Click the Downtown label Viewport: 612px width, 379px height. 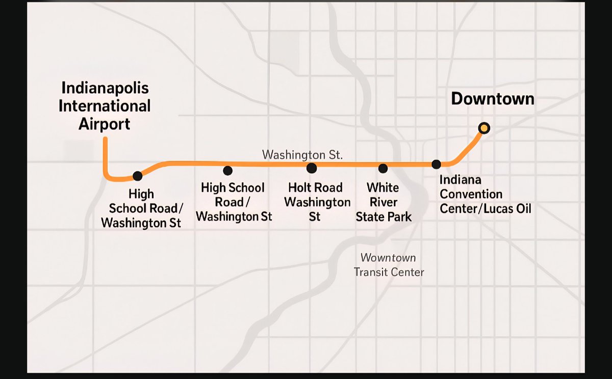point(493,99)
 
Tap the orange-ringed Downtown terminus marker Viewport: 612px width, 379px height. point(484,128)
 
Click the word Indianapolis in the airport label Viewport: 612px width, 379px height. point(105,88)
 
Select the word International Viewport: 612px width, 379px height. point(105,106)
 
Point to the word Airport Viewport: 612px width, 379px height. point(105,124)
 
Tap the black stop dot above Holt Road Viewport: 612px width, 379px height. point(312,168)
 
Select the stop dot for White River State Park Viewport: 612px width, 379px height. point(383,168)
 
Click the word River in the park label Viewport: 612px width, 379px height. point(384,202)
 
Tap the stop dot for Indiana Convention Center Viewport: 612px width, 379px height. point(437,164)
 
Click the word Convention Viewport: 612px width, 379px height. point(471,194)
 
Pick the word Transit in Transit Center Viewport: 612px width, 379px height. point(371,272)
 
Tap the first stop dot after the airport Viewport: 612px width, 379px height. point(137,176)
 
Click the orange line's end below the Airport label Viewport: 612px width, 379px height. point(105,139)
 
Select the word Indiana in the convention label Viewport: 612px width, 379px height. point(461,180)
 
